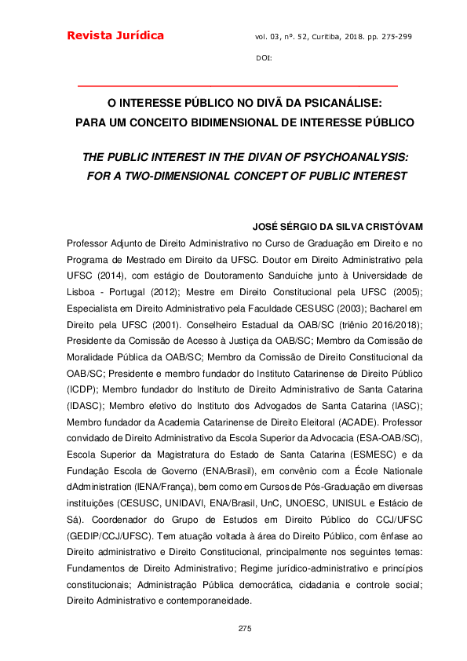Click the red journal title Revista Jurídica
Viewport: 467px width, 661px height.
tap(115, 36)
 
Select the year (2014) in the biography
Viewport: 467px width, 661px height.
tap(114, 276)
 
